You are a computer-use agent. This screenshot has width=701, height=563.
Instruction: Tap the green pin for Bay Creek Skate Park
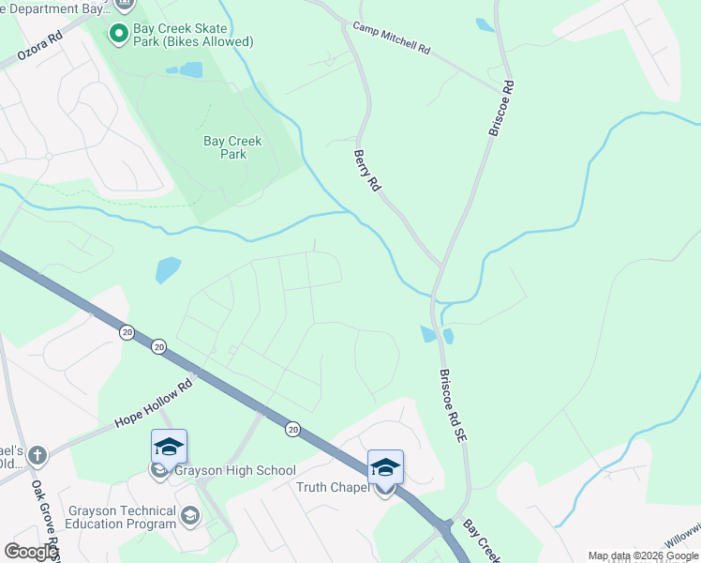click(x=119, y=35)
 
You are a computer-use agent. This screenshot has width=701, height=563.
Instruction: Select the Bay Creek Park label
click(x=232, y=147)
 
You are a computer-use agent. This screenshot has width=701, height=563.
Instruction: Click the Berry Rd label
click(x=366, y=171)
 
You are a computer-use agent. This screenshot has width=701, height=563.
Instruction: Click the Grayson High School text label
click(x=234, y=471)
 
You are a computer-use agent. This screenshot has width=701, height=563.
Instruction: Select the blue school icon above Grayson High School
click(x=170, y=447)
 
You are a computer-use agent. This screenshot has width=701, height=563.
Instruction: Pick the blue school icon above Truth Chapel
click(x=385, y=467)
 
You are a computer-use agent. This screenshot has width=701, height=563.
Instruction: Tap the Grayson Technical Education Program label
click(x=122, y=517)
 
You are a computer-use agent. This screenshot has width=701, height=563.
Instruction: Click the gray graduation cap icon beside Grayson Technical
click(x=190, y=515)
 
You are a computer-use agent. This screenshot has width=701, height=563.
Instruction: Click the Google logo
click(x=31, y=552)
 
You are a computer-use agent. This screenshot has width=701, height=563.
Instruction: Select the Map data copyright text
click(x=644, y=555)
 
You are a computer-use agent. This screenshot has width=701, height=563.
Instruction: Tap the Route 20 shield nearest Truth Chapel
click(x=293, y=429)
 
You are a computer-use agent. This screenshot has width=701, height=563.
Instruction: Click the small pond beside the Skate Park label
click(x=190, y=69)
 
